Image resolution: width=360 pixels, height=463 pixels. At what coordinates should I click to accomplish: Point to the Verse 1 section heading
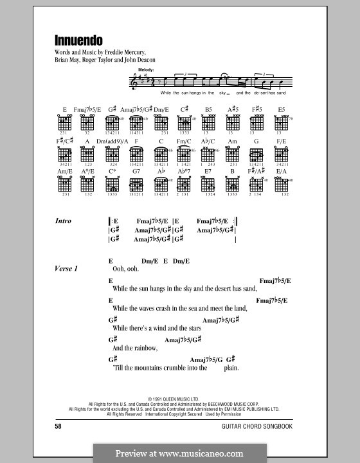click(x=66, y=269)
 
